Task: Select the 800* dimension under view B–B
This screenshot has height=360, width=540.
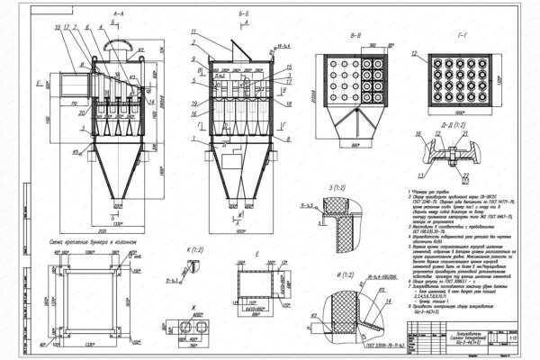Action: pos(355,144)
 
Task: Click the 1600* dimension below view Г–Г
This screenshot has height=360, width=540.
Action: pos(461,115)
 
